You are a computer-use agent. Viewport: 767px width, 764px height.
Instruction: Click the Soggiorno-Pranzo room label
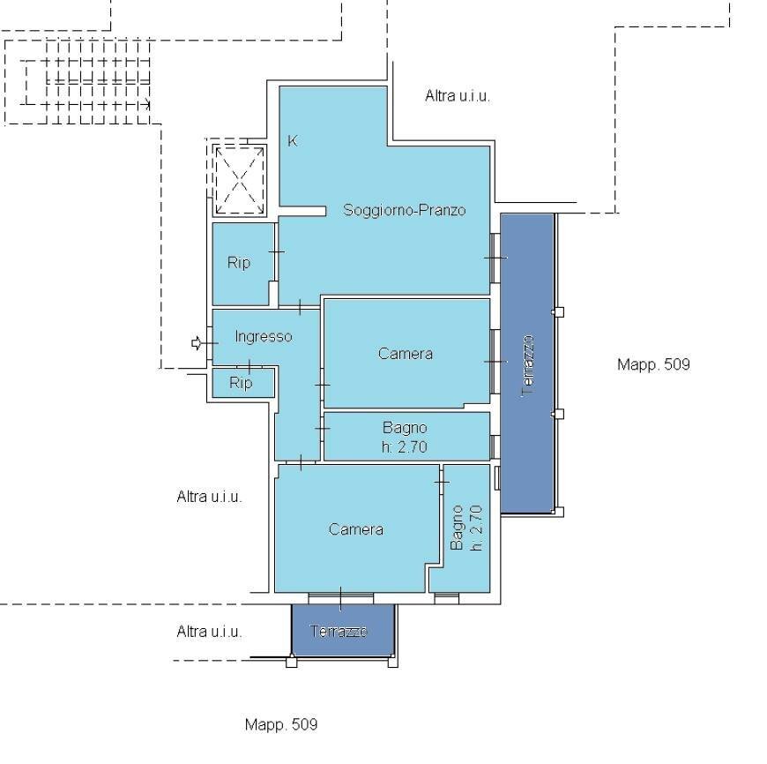pos(404,210)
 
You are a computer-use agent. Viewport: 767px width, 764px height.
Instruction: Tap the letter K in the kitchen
pos(292,141)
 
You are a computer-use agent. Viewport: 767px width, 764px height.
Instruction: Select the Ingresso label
pos(264,337)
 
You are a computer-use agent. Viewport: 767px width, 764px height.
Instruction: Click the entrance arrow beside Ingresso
pos(196,343)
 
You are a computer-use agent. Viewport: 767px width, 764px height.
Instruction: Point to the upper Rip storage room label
pos(239,263)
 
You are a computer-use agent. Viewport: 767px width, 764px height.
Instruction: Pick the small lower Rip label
pos(241,383)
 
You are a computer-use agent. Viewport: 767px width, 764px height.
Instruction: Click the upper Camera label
pos(405,354)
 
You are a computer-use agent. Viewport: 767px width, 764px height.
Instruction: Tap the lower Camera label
pos(355,529)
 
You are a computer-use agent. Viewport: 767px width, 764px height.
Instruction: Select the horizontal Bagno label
pos(405,428)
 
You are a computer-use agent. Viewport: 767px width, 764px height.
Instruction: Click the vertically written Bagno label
pos(457,528)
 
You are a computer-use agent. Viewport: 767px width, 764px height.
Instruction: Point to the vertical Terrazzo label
pos(527,365)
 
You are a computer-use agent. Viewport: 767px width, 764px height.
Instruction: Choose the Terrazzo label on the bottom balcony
pos(339,632)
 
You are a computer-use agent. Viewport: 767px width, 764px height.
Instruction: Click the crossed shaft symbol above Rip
pos(240,181)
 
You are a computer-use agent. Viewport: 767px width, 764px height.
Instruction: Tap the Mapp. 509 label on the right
pos(653,364)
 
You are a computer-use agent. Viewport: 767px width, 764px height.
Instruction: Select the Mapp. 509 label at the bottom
pos(281,724)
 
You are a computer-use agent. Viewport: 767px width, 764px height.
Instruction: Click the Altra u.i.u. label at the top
pos(458,96)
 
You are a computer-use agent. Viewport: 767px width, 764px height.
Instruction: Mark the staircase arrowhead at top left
pos(147,104)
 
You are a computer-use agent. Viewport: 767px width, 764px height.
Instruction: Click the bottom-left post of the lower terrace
pos(291,663)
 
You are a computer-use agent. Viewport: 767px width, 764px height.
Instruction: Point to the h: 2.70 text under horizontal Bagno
pos(405,447)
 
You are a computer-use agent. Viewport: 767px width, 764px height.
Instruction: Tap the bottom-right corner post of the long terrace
pos(559,512)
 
